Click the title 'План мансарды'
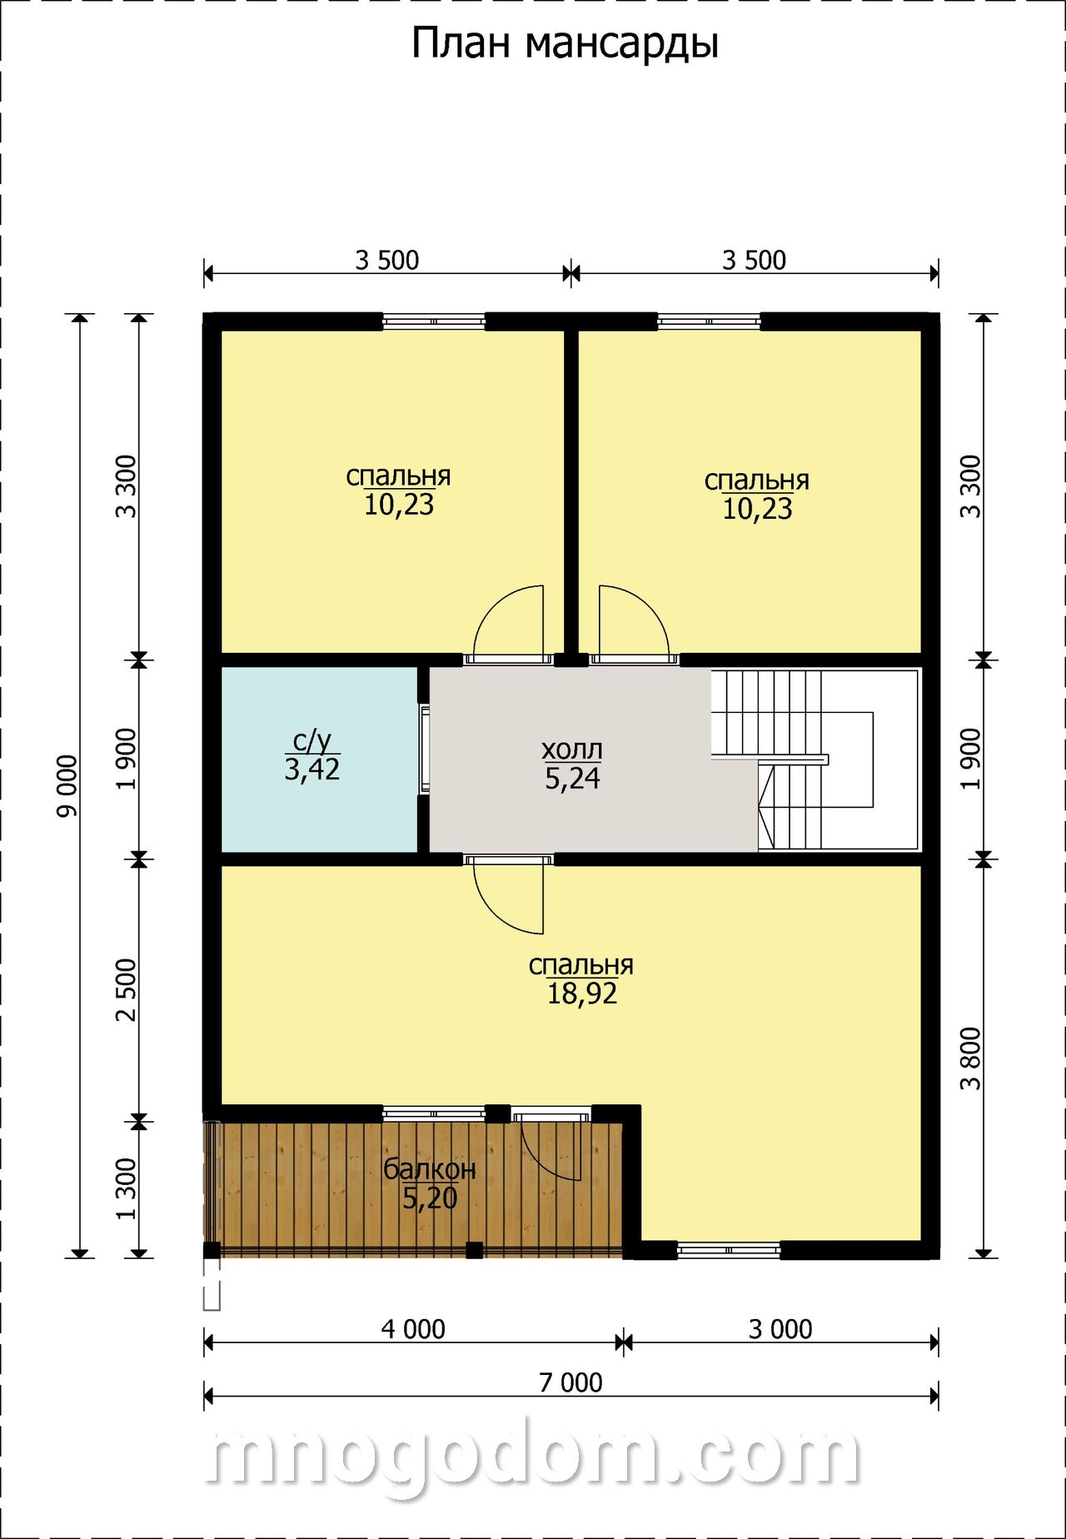pyautogui.click(x=565, y=44)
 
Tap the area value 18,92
pyautogui.click(x=582, y=994)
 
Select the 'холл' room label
pyautogui.click(x=572, y=750)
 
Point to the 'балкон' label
pyautogui.click(x=430, y=1169)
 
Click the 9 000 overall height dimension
pyautogui.click(x=67, y=785)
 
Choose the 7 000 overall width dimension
pyautogui.click(x=570, y=1382)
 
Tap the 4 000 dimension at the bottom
pyautogui.click(x=413, y=1329)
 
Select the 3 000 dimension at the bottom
pyautogui.click(x=780, y=1329)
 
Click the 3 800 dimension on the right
pyautogui.click(x=970, y=1059)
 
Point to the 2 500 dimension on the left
pyautogui.click(x=126, y=990)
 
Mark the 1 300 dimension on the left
pyautogui.click(x=126, y=1188)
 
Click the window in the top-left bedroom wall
pyautogui.click(x=434, y=321)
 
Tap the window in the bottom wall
pyautogui.click(x=729, y=1250)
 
